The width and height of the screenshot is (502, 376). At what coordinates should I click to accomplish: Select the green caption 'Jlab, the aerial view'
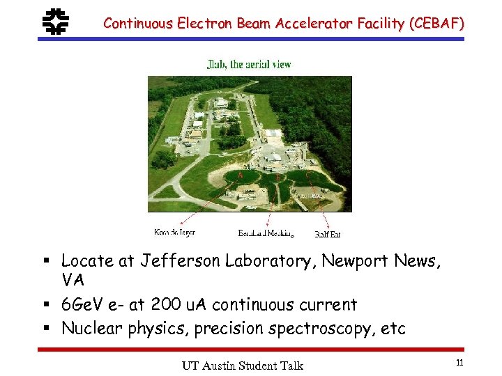[249, 65]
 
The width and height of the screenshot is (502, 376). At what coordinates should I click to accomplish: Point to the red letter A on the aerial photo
[240, 175]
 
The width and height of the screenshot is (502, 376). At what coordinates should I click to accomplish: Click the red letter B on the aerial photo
[278, 178]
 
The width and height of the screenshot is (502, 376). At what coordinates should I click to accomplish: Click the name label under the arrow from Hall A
[174, 233]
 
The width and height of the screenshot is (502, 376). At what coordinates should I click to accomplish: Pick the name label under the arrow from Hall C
[328, 234]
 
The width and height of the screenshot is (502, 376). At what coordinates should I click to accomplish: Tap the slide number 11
[459, 362]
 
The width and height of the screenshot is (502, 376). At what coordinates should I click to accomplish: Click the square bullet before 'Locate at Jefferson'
[45, 262]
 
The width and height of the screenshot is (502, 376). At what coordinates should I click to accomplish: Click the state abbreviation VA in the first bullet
[73, 281]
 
